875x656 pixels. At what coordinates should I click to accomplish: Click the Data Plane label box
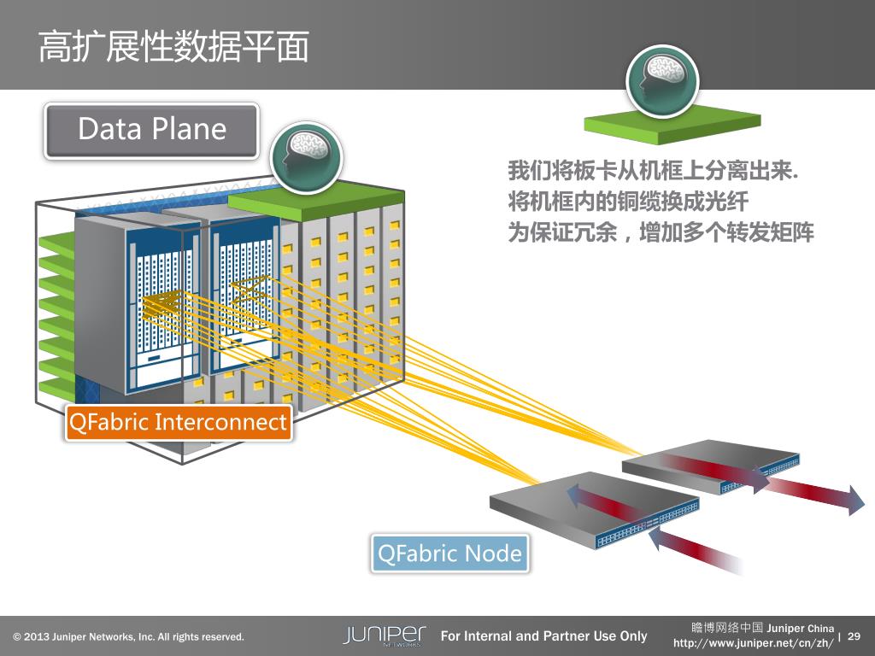click(151, 130)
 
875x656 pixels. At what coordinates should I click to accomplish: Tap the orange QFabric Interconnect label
click(178, 422)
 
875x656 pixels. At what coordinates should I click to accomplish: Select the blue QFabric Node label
click(449, 553)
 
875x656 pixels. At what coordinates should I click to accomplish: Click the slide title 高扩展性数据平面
click(173, 48)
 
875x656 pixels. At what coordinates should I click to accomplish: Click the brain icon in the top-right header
click(662, 80)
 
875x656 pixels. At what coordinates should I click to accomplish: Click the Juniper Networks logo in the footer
click(384, 635)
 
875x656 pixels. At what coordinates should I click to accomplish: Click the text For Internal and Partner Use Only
click(543, 635)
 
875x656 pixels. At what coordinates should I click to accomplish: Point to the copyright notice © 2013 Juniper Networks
click(128, 637)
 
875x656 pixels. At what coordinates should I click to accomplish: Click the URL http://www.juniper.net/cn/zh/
click(753, 642)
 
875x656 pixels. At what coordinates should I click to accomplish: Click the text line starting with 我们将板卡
click(653, 171)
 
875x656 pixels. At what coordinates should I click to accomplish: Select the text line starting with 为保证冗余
click(661, 231)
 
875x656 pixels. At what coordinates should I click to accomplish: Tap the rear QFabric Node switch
click(709, 466)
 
